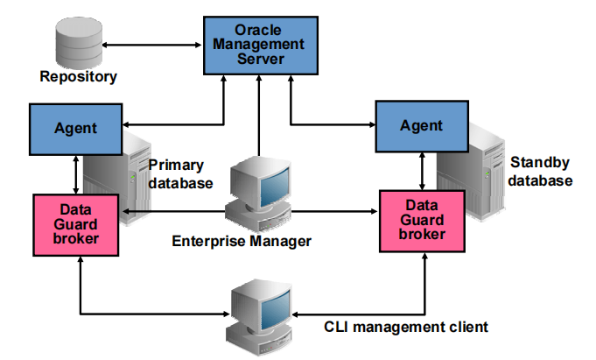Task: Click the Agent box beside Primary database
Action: click(x=74, y=128)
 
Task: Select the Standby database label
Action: click(x=540, y=172)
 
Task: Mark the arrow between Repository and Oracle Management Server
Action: click(x=152, y=42)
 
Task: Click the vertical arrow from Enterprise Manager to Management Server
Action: click(x=258, y=114)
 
